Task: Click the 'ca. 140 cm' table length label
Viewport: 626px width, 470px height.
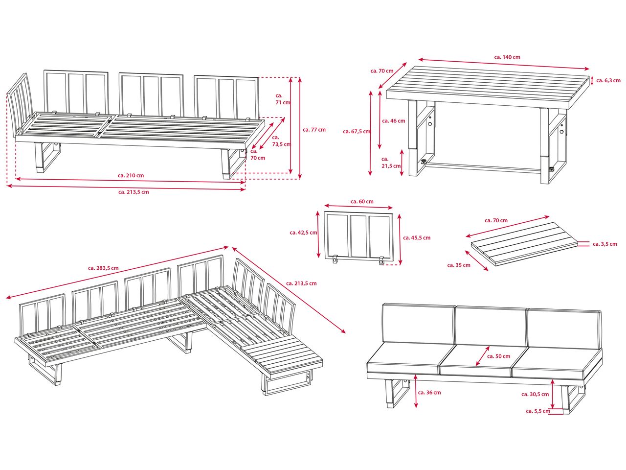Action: [507, 57]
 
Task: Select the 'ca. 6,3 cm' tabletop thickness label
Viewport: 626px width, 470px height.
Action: [608, 80]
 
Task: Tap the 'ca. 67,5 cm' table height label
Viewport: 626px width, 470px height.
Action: [357, 132]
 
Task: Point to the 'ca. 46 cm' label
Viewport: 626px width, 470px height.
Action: [394, 121]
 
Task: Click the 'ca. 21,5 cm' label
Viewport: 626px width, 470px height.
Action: [391, 163]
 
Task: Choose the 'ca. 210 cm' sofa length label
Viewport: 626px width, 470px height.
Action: [131, 175]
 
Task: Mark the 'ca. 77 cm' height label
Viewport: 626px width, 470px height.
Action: [314, 130]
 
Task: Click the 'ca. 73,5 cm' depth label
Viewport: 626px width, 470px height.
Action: [281, 141]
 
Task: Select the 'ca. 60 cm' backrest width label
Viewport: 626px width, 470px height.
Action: [362, 202]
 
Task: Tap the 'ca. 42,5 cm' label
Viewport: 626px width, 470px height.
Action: [303, 233]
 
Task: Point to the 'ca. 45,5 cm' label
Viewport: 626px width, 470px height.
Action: [417, 238]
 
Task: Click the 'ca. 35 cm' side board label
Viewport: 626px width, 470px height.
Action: [459, 265]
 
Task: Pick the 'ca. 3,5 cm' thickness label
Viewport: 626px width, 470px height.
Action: [605, 244]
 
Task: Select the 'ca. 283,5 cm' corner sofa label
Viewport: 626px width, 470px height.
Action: [103, 268]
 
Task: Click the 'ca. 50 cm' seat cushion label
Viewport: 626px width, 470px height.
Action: [498, 356]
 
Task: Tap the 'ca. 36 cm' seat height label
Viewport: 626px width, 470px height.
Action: [429, 392]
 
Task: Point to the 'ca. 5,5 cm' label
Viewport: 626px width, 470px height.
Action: [538, 411]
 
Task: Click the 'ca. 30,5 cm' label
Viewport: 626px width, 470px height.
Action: [535, 394]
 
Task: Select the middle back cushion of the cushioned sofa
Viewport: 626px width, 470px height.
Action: [491, 327]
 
